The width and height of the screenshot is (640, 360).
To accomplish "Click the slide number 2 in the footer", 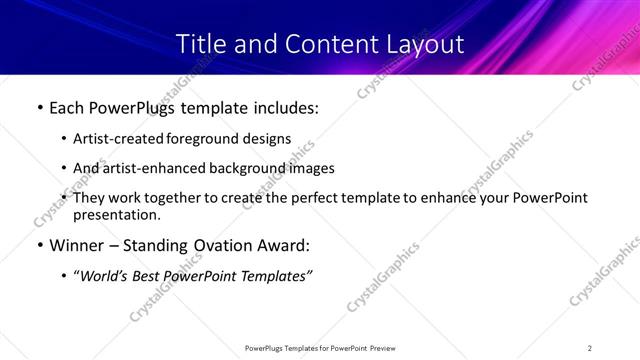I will click(x=590, y=348).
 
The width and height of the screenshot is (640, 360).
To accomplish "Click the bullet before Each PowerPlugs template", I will click(x=39, y=108).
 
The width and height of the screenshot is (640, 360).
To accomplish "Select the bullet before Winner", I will click(x=39, y=245).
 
